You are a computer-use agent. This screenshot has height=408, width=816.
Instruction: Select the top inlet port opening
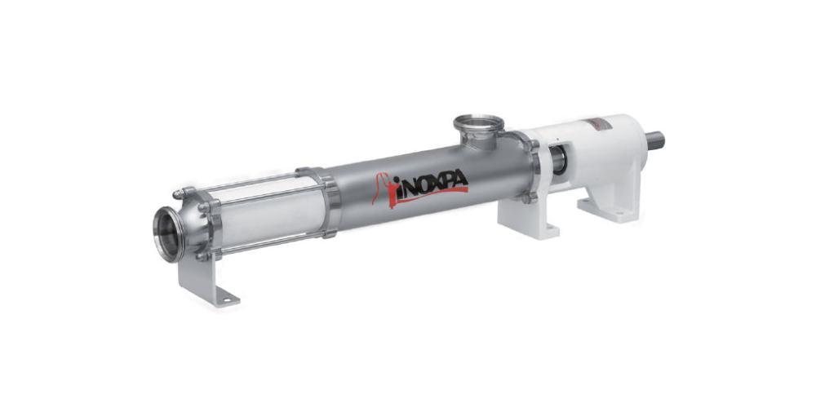click(x=479, y=124)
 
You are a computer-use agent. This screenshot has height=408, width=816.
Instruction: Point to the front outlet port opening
click(x=169, y=234)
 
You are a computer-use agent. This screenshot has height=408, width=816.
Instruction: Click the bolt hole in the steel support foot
click(x=224, y=299)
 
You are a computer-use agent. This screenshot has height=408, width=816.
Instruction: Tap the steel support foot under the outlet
click(x=206, y=281)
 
